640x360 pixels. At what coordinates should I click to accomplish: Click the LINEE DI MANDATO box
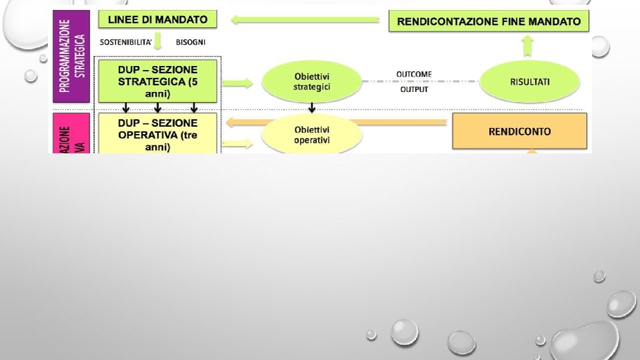tap(157, 19)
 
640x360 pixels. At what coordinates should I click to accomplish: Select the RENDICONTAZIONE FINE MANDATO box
tap(489, 21)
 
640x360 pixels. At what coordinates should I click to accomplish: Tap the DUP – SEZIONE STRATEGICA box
tap(157, 80)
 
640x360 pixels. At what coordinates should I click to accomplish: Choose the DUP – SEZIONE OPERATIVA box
tap(157, 133)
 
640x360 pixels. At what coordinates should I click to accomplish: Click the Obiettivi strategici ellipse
tap(311, 81)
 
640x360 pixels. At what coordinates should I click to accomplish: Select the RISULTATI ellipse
tap(529, 81)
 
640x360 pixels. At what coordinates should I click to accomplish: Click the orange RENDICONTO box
tap(519, 131)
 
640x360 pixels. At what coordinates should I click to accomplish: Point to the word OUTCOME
tap(414, 74)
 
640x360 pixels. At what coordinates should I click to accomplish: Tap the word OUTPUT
tap(414, 90)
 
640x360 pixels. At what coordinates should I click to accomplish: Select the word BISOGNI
tap(191, 42)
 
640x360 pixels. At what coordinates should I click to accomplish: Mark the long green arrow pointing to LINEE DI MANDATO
tap(306, 21)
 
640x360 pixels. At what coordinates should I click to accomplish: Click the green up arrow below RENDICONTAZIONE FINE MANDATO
tap(527, 45)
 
